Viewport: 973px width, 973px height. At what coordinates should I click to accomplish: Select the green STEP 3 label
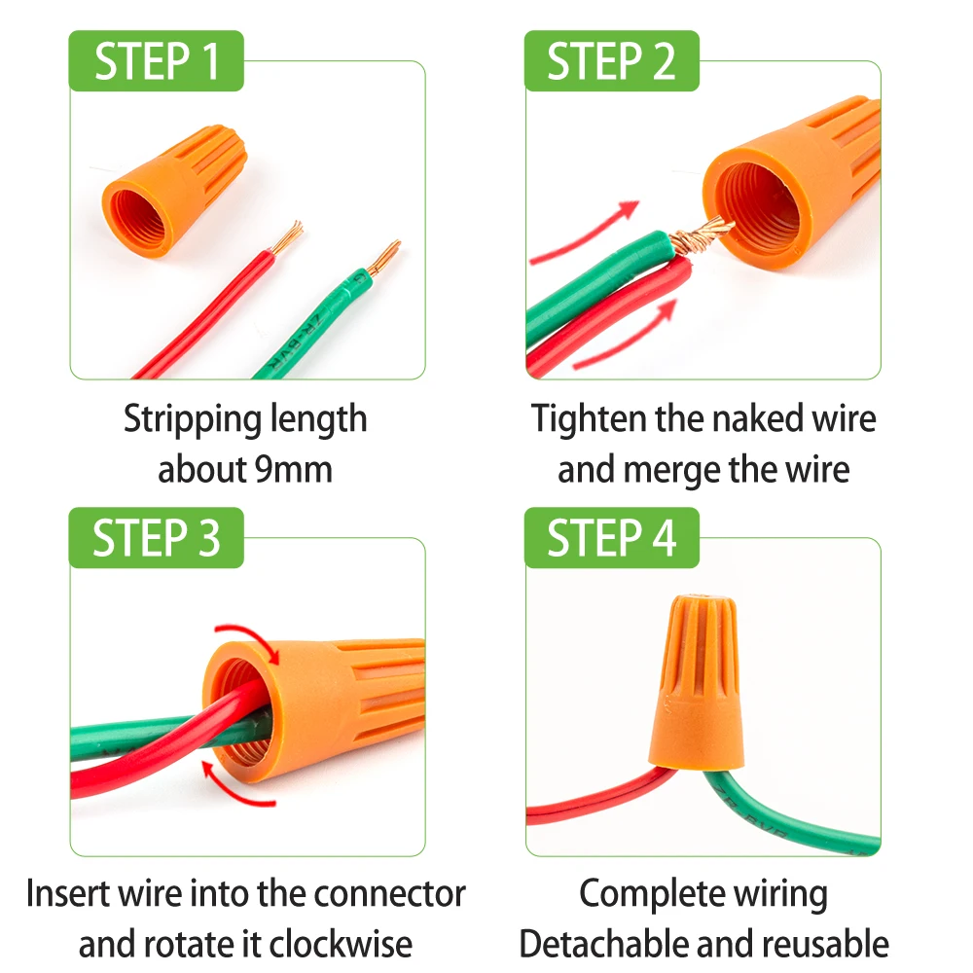point(156,538)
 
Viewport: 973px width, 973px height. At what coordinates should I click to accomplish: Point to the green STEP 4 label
point(611,538)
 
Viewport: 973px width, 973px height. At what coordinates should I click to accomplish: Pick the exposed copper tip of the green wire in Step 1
point(385,256)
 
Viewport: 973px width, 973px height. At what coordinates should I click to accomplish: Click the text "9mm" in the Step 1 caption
point(293,470)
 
